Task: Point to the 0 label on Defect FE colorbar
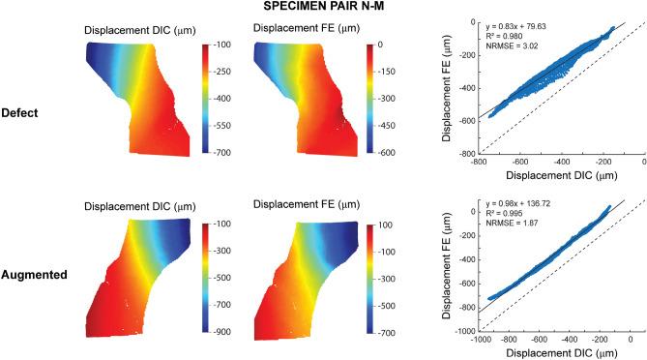(381, 45)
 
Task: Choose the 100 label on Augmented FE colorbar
(383, 224)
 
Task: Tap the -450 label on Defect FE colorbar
(384, 126)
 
